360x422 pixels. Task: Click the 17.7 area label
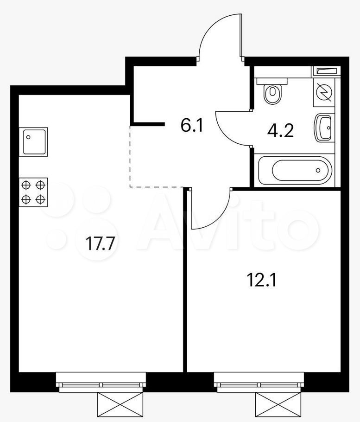pos(100,243)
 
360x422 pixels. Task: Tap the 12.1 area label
pos(261,280)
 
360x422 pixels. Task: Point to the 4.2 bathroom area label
pos(280,131)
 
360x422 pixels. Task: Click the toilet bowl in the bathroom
pos(272,94)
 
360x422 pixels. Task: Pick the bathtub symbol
pos(295,170)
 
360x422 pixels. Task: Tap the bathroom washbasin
pos(324,128)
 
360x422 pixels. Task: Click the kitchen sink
pos(33,142)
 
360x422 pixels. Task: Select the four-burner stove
pos(33,192)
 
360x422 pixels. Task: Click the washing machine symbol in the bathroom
pos(324,92)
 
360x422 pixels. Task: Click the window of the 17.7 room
pos(101,382)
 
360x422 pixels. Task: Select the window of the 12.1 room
pos(259,382)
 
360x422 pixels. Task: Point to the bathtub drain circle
pos(318,170)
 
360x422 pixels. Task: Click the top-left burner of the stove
pos(26,185)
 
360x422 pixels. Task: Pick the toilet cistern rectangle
pos(272,81)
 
